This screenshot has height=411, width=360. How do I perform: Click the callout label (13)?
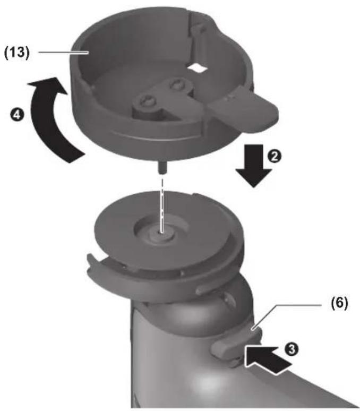click(17, 53)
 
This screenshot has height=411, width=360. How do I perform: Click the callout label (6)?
click(339, 304)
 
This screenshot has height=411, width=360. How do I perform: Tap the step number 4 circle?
click(17, 115)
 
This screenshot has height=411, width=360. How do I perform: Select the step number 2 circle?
click(274, 157)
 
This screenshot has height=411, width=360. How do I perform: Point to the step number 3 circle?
click(292, 349)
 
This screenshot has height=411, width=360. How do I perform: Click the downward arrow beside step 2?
click(253, 166)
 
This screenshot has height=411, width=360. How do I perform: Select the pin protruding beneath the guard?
click(162, 167)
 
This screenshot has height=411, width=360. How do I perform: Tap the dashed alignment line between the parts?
click(162, 205)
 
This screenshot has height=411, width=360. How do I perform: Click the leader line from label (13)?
click(63, 53)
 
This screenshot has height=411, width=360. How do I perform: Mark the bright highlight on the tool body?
click(210, 381)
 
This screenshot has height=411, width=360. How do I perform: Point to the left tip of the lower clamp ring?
click(89, 255)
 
